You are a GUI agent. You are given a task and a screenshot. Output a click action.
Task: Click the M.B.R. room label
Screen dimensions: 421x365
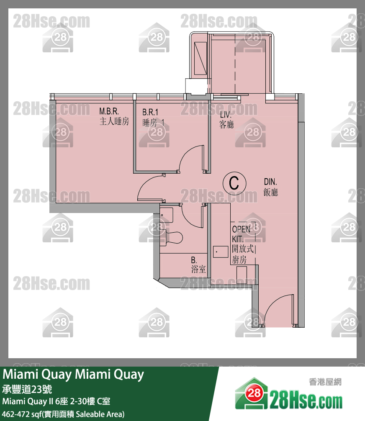(109, 112)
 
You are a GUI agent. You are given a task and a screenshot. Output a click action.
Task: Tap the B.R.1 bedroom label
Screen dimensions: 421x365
(150, 112)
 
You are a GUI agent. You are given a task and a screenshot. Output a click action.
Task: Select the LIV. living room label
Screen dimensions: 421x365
(226, 114)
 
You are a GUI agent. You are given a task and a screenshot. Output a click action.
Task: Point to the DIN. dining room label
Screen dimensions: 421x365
(271, 182)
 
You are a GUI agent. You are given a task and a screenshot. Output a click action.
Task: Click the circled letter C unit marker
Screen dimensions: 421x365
(234, 183)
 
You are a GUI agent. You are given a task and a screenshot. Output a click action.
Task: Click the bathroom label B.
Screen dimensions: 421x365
(194, 260)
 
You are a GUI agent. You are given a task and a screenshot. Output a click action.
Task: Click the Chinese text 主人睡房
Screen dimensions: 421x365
(114, 122)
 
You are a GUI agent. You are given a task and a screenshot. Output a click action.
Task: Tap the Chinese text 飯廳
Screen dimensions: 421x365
(271, 192)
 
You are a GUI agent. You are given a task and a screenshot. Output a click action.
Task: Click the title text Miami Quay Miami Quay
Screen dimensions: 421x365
(74, 375)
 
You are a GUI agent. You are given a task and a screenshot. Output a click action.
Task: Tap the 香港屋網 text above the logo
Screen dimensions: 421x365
(325, 381)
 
